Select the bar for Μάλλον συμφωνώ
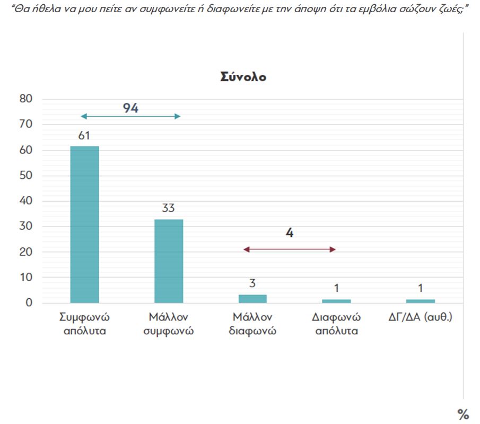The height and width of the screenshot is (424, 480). [169, 261]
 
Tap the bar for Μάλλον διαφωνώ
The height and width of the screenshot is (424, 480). [252, 298]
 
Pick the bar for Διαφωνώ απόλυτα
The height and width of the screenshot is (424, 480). [336, 301]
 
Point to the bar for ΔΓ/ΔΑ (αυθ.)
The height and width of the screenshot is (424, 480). [420, 301]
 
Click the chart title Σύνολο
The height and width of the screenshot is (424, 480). [243, 77]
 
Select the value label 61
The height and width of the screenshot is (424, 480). [84, 136]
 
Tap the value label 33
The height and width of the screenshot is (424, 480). [169, 208]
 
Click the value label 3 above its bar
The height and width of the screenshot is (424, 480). [252, 284]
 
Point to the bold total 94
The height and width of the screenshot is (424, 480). [130, 108]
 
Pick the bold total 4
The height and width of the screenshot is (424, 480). [289, 233]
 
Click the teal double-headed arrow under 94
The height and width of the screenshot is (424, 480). [130, 116]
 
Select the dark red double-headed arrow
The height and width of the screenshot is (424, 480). [289, 249]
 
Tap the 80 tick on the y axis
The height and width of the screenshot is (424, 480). [27, 99]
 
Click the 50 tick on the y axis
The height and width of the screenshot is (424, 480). [27, 176]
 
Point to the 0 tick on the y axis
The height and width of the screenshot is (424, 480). [29, 303]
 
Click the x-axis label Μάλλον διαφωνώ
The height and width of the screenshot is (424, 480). [252, 324]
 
